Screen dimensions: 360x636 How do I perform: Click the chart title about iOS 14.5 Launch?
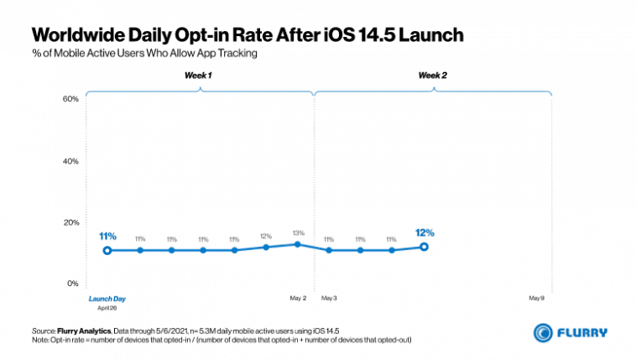click(x=248, y=34)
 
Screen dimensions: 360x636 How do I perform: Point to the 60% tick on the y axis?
click(x=70, y=99)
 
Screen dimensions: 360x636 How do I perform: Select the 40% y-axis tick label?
click(x=70, y=161)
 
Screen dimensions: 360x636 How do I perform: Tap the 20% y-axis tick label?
click(x=70, y=222)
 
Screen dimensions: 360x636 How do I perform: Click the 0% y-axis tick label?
click(x=72, y=284)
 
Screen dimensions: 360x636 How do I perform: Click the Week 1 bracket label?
click(x=199, y=76)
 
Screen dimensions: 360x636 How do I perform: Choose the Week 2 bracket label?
click(x=433, y=76)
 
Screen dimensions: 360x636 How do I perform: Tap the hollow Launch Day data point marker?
click(x=107, y=250)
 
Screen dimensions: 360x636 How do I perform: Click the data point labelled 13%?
click(x=297, y=244)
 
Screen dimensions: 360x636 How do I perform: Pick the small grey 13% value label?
click(x=297, y=232)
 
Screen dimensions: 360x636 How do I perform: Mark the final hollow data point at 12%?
click(x=424, y=247)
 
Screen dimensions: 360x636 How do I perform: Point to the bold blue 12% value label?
click(x=424, y=232)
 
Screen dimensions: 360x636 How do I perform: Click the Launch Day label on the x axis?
click(x=107, y=298)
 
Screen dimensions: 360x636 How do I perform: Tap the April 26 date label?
click(x=107, y=308)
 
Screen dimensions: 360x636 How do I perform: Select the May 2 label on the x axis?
click(x=299, y=298)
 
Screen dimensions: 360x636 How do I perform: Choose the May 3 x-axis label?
click(x=329, y=298)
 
